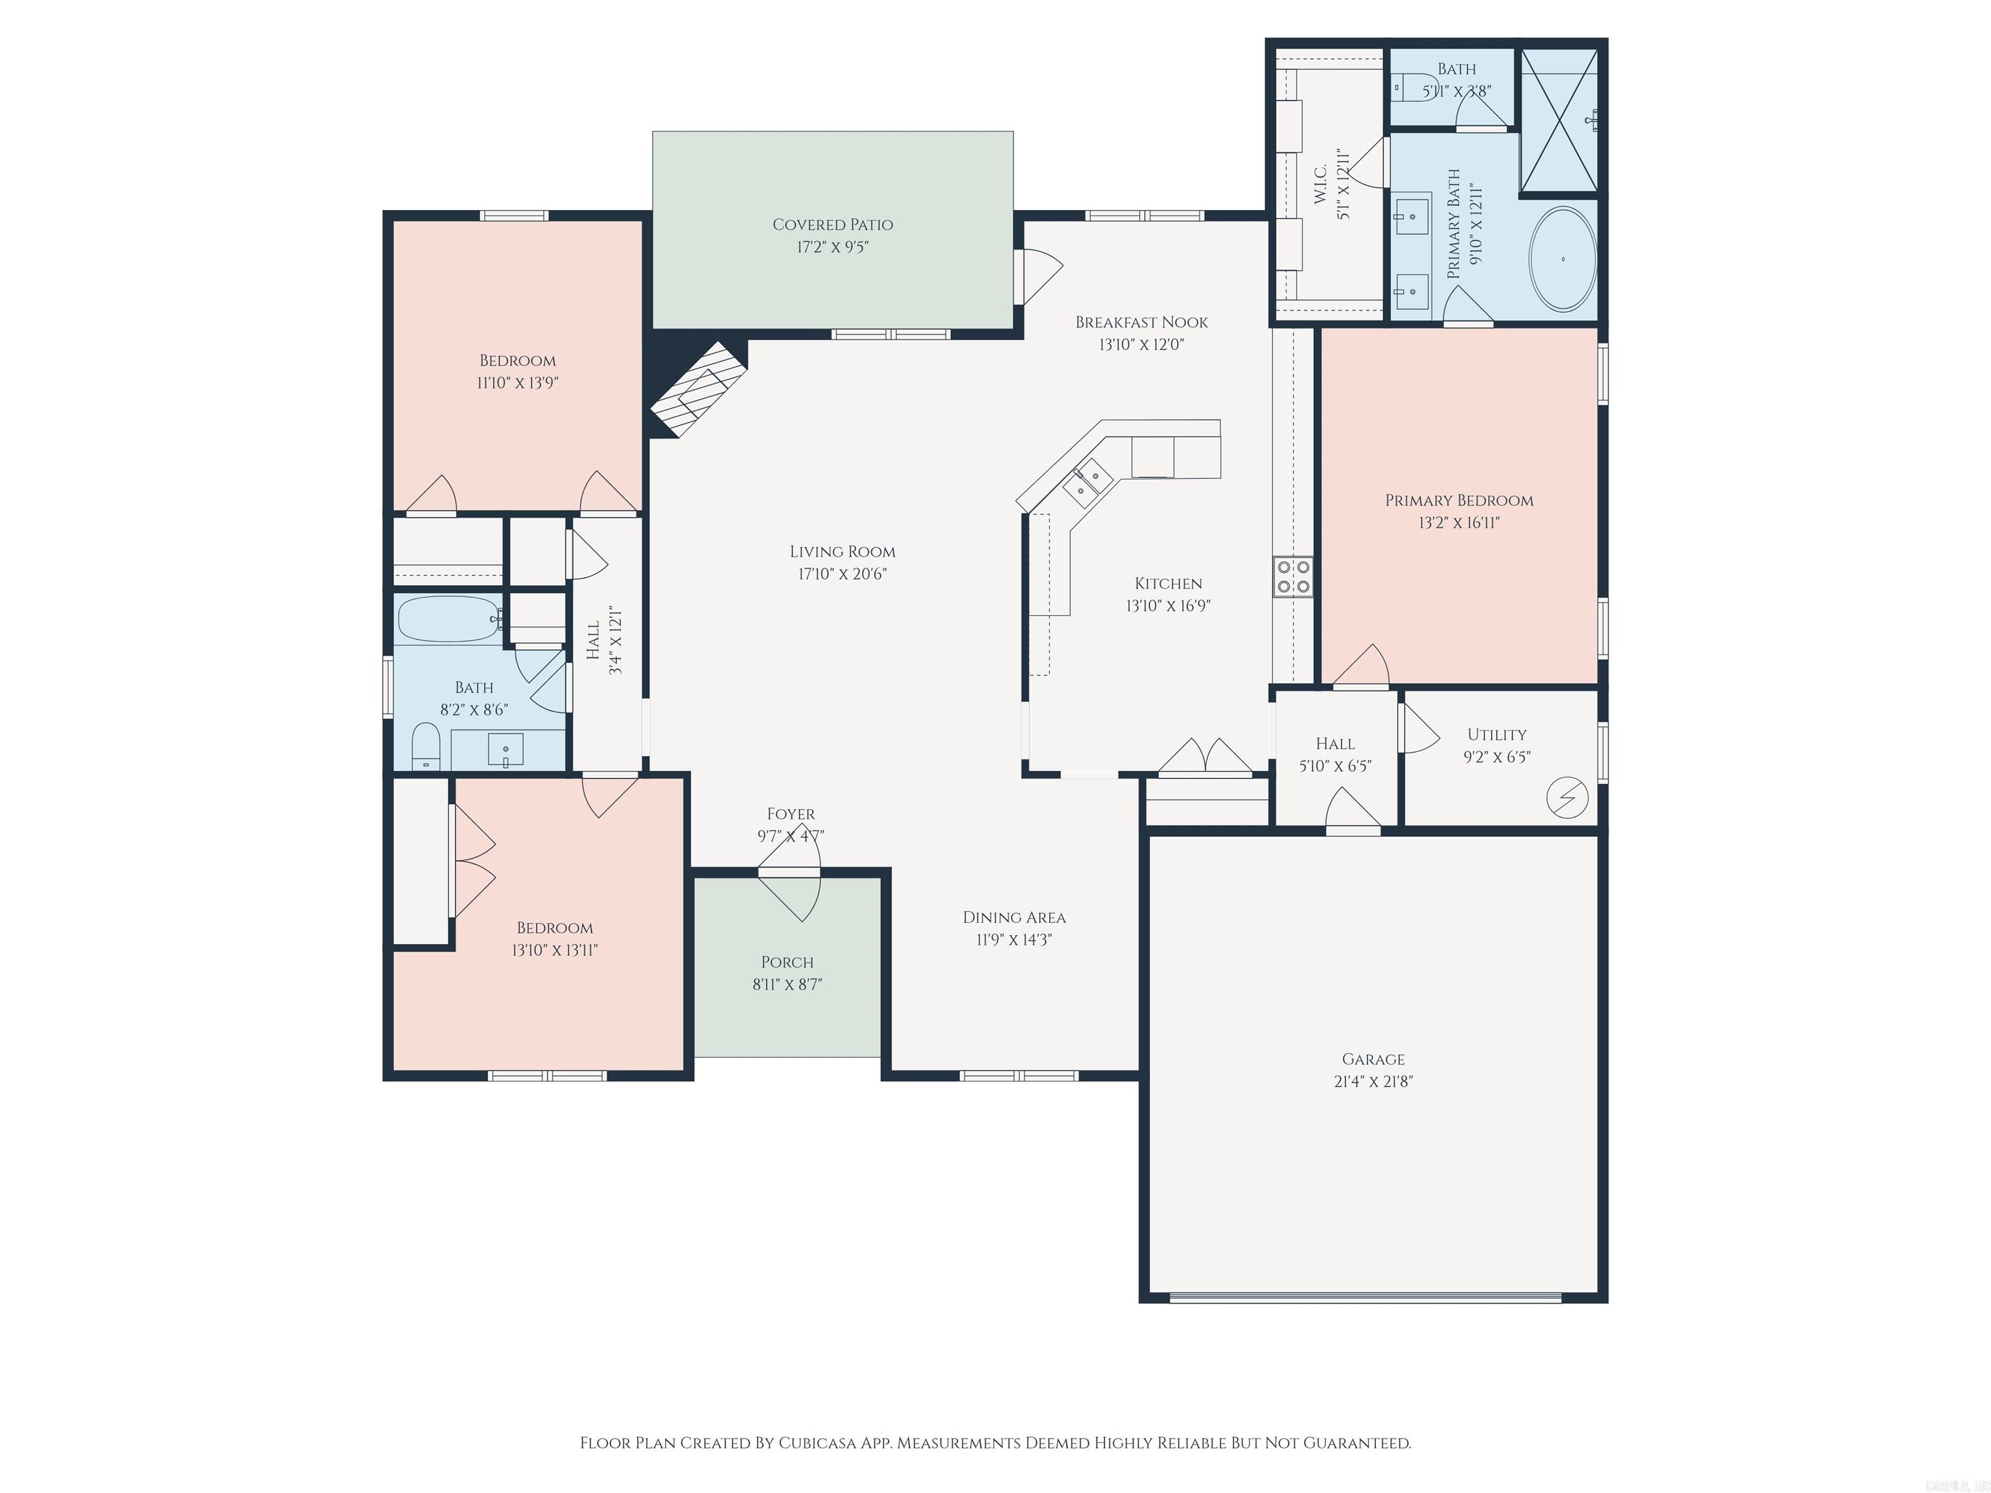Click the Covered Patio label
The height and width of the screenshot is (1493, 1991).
point(833,225)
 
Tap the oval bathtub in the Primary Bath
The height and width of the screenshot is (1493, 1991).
point(1563,260)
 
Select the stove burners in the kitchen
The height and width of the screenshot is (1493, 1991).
point(1292,577)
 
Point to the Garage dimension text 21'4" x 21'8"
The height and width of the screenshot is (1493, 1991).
point(1373,1082)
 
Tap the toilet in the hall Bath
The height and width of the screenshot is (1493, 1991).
point(425,748)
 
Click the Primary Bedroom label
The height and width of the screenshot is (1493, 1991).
point(1458,500)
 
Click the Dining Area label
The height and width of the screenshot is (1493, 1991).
point(1014,917)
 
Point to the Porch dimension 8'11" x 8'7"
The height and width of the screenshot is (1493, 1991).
point(787,984)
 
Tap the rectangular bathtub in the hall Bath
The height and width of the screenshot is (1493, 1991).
point(447,618)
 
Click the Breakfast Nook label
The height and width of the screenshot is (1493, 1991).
point(1141,322)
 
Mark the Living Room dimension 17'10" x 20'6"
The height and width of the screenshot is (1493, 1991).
point(842,574)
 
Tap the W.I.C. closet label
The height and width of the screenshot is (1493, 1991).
point(1320,185)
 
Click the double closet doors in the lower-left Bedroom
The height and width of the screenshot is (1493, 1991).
point(472,861)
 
